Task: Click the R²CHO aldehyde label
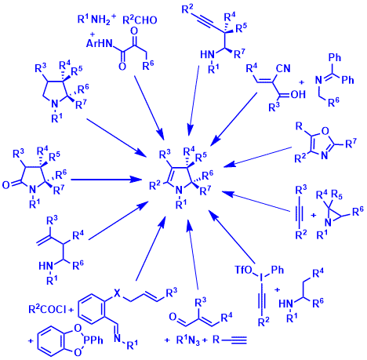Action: click(140, 20)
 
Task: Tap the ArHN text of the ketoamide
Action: click(99, 43)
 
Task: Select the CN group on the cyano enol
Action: click(283, 68)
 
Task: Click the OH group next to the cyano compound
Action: click(298, 94)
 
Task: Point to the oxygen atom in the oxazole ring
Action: click(325, 131)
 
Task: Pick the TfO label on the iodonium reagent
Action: click(244, 270)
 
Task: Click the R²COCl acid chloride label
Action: click(47, 310)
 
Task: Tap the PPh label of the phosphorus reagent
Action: click(93, 340)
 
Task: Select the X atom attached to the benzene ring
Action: click(118, 294)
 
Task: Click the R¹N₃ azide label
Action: click(189, 340)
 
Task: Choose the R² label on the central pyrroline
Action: click(154, 185)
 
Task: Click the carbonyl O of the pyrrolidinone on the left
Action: click(6, 185)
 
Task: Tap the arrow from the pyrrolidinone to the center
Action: click(106, 180)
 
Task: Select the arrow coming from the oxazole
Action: click(257, 157)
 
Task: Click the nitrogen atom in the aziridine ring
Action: click(329, 223)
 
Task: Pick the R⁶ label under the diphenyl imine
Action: click(333, 103)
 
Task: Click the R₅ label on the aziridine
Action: click(337, 195)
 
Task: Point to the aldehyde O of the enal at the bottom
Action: click(173, 317)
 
